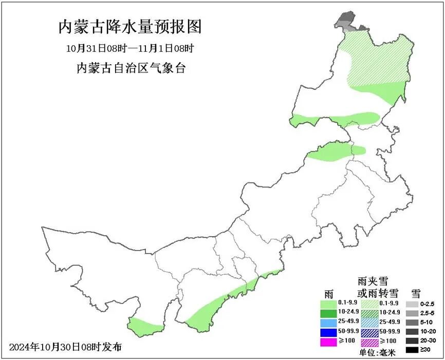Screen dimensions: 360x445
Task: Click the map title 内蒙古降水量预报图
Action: pos(130,27)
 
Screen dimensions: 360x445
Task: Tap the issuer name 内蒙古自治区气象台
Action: pos(130,68)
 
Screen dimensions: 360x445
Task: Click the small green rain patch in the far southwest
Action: pos(144,326)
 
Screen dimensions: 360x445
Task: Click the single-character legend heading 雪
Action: pos(415,293)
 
